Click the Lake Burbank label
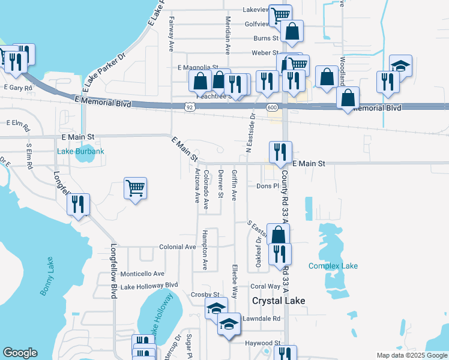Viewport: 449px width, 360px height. [x=80, y=152]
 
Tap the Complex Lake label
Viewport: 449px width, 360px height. [x=333, y=266]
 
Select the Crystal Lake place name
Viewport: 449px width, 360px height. [x=279, y=301]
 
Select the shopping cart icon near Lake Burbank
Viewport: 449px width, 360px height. [x=136, y=188]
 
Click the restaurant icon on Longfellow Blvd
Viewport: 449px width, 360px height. [x=78, y=205]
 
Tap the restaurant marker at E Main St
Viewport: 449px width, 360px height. [x=280, y=152]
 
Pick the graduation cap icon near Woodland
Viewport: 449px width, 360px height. [x=400, y=65]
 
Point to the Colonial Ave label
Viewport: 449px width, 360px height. [x=178, y=247]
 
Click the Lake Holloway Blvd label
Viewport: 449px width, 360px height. [x=149, y=286]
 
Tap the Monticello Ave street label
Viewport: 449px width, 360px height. [x=142, y=273]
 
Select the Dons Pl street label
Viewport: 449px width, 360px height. [x=268, y=186]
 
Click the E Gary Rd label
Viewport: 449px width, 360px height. [x=18, y=88]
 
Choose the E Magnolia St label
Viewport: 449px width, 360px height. [x=197, y=68]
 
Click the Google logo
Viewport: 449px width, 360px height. [x=20, y=353]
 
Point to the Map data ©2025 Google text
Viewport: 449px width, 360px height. [x=411, y=355]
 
